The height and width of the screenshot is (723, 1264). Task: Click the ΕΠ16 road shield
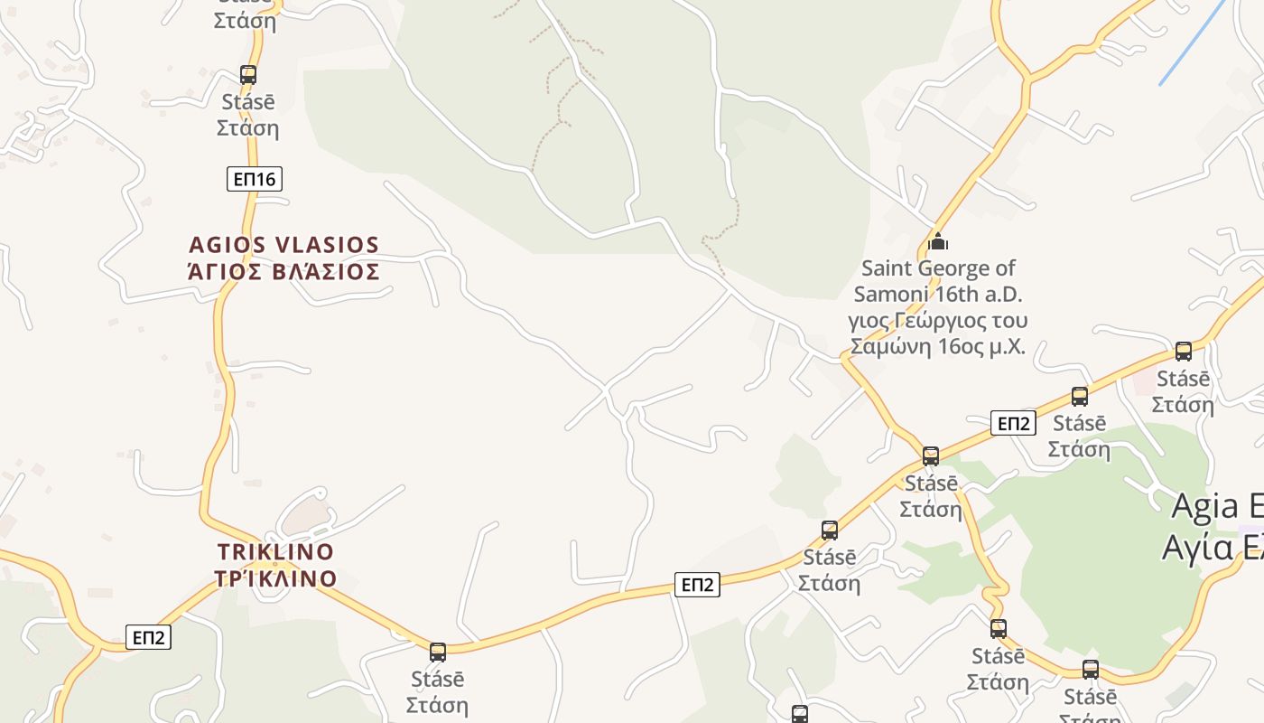click(254, 179)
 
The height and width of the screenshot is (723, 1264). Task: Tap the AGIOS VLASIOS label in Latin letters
click(283, 245)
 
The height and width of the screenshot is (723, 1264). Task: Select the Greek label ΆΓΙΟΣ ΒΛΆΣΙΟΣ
click(283, 271)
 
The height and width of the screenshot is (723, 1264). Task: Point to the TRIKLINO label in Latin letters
click(275, 551)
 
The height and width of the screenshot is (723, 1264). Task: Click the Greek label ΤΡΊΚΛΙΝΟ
click(276, 578)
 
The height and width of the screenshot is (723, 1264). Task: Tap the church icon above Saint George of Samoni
click(939, 242)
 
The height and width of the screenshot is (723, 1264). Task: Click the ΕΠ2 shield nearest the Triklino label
click(148, 637)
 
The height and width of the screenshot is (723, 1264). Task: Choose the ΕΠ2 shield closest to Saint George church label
click(1012, 423)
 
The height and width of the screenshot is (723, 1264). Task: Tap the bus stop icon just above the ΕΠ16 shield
click(248, 75)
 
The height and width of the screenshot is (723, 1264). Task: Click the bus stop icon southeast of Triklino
click(438, 652)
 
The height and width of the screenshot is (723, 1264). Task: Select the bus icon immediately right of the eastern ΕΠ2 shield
click(1080, 396)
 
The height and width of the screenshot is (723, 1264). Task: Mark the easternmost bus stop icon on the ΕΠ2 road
click(1184, 352)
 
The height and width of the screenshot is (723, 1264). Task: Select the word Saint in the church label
click(888, 268)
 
